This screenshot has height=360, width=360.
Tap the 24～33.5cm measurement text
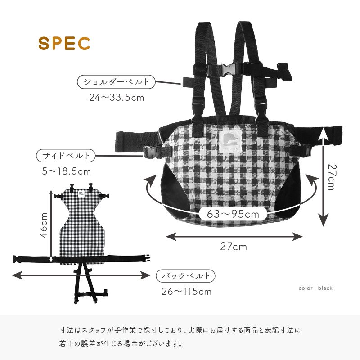(x=117, y=97)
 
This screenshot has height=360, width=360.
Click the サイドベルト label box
(x=66, y=156)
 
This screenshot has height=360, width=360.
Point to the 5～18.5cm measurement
(x=67, y=171)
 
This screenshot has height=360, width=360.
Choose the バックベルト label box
(x=186, y=275)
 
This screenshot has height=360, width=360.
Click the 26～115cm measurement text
(x=186, y=291)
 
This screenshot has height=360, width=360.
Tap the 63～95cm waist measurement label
(x=233, y=214)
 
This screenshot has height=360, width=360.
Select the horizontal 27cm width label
(x=234, y=247)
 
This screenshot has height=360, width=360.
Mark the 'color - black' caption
(x=315, y=288)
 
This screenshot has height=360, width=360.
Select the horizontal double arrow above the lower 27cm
(x=234, y=236)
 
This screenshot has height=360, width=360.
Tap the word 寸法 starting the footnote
(x=66, y=330)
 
